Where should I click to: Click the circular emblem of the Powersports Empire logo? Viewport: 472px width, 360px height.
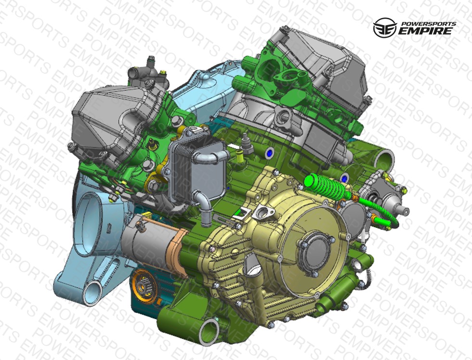(x=384, y=27)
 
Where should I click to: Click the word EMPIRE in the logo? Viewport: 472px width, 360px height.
(x=425, y=31)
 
